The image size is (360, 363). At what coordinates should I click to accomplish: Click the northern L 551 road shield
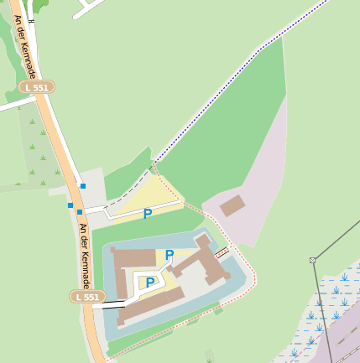pyautogui.click(x=37, y=87)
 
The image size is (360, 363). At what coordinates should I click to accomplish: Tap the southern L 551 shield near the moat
pyautogui.click(x=87, y=297)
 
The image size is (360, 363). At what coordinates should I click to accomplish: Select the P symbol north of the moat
pyautogui.click(x=148, y=214)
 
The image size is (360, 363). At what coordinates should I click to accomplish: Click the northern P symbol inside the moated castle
pyautogui.click(x=170, y=255)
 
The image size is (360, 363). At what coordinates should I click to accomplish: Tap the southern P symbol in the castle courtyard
pyautogui.click(x=150, y=283)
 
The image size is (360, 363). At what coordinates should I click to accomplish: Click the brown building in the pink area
pyautogui.click(x=232, y=205)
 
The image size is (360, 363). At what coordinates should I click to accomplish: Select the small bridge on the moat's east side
pyautogui.click(x=222, y=252)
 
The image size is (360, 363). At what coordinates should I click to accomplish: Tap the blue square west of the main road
pyautogui.click(x=70, y=205)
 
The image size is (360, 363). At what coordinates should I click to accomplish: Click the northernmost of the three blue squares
pyautogui.click(x=82, y=185)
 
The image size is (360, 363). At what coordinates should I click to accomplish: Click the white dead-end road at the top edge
pyautogui.click(x=87, y=8)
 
